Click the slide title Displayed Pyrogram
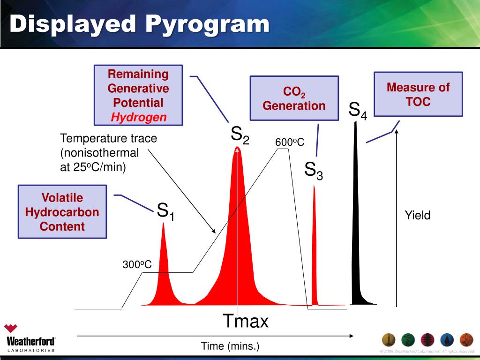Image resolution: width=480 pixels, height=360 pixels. pyautogui.click(x=140, y=24)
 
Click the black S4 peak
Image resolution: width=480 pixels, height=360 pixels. pyautogui.click(x=357, y=234)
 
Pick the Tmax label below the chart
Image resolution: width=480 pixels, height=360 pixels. pyautogui.click(x=246, y=322)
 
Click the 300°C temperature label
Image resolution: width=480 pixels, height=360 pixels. pyautogui.click(x=137, y=264)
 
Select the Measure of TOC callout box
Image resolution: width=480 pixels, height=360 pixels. pyautogui.click(x=418, y=94)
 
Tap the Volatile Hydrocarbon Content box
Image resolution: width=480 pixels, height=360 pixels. pyautogui.click(x=62, y=211)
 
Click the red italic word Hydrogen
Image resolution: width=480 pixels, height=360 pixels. pyautogui.click(x=139, y=118)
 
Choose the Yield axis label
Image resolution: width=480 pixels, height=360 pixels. pyautogui.click(x=417, y=215)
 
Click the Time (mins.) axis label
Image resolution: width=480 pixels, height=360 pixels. pyautogui.click(x=230, y=346)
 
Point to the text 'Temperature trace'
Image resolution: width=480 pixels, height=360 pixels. pyautogui.click(x=108, y=139)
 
